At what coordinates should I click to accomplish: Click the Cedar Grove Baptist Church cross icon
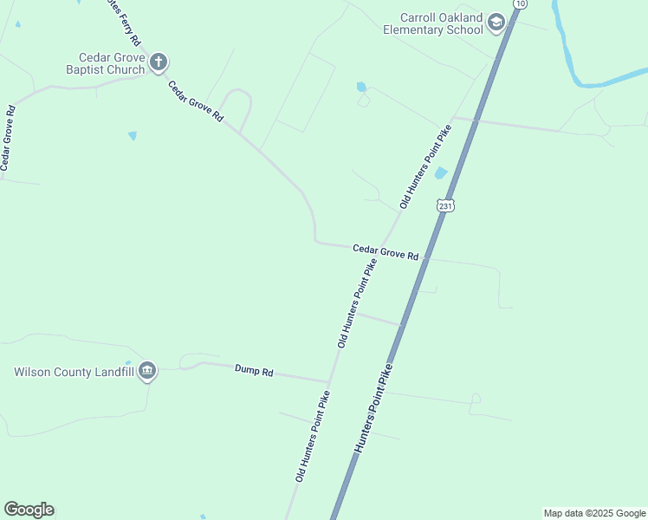158,62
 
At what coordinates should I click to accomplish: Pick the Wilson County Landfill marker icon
146,372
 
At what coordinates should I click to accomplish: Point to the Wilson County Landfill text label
73,373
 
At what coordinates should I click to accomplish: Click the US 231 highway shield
445,205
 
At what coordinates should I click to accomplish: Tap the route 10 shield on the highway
519,3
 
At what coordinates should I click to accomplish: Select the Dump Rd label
254,370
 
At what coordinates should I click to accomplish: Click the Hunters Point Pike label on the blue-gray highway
373,408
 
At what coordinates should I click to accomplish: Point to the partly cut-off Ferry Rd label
121,22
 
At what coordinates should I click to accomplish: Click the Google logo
29,510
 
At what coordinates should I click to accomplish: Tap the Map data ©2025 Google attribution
595,513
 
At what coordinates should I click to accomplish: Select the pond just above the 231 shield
440,173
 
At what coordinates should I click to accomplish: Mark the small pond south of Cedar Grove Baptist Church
133,135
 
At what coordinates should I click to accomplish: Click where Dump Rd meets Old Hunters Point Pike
328,381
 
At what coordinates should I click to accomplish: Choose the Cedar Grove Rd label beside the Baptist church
196,102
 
